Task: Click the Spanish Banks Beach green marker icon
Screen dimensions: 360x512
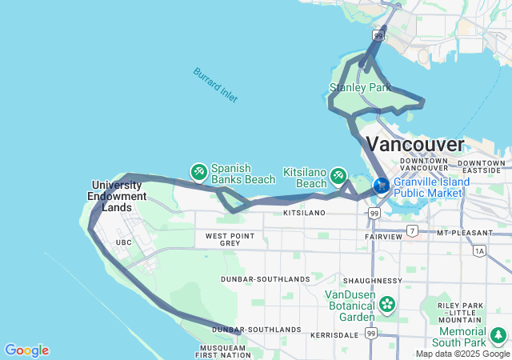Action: point(198,172)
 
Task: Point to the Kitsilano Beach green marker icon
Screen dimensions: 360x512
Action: point(338,174)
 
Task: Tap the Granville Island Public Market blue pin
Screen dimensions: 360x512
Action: point(381,185)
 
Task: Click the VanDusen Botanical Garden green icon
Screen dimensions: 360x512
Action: point(388,304)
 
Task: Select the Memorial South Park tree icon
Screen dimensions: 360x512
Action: point(499,334)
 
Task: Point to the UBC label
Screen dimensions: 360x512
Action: point(123,242)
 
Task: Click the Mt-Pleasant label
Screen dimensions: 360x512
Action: point(463,232)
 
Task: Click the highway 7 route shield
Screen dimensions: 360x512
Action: point(412,230)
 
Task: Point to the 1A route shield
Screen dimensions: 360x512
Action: point(478,250)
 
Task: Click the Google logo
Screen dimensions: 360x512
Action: point(26,350)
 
